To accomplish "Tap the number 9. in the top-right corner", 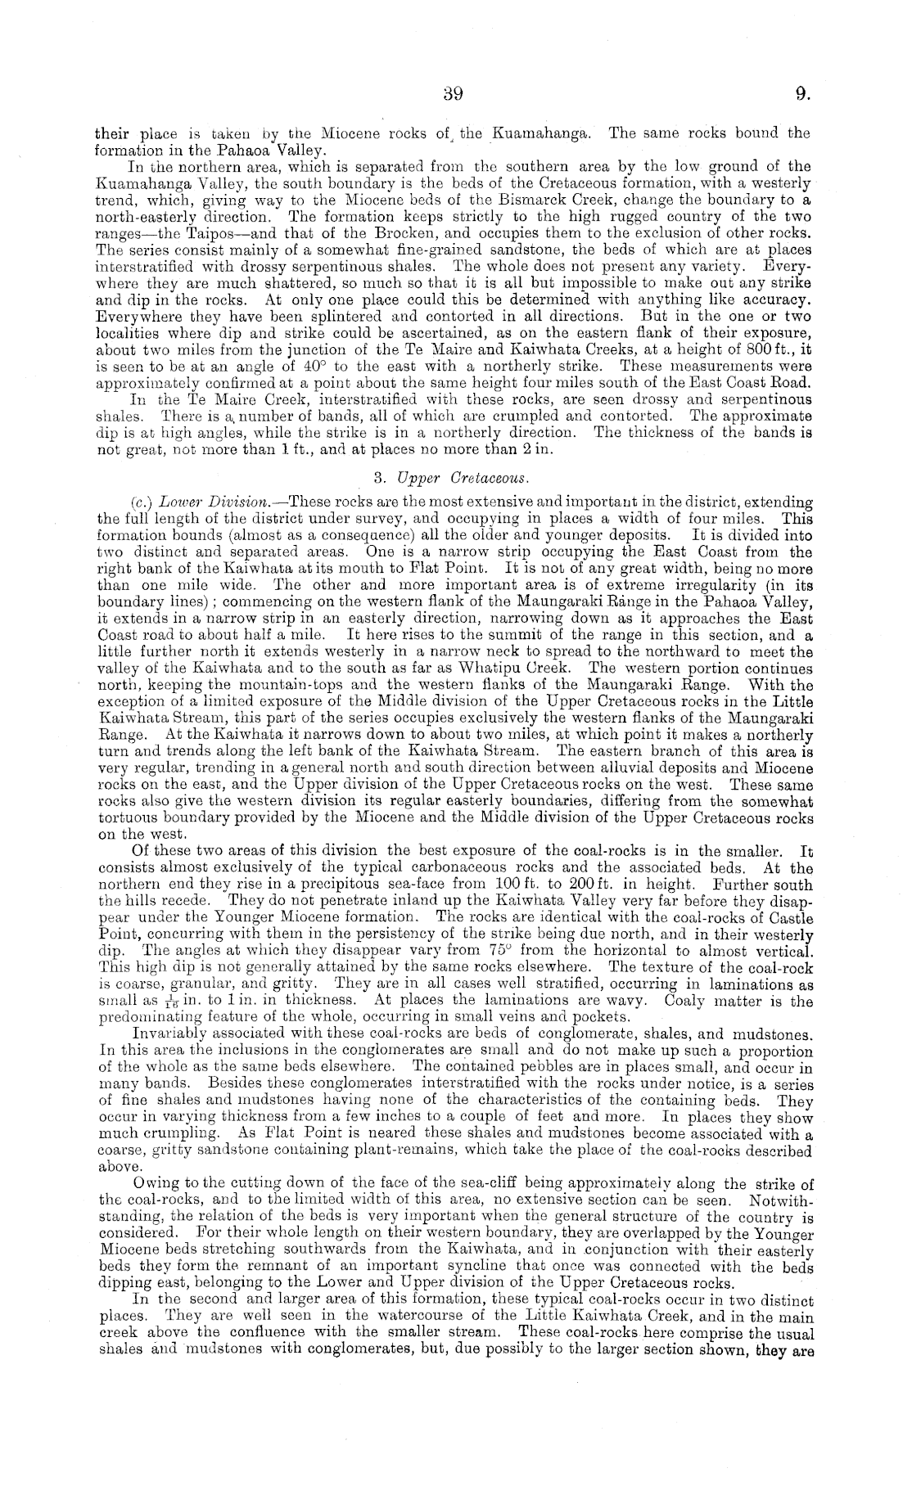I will [802, 93].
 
